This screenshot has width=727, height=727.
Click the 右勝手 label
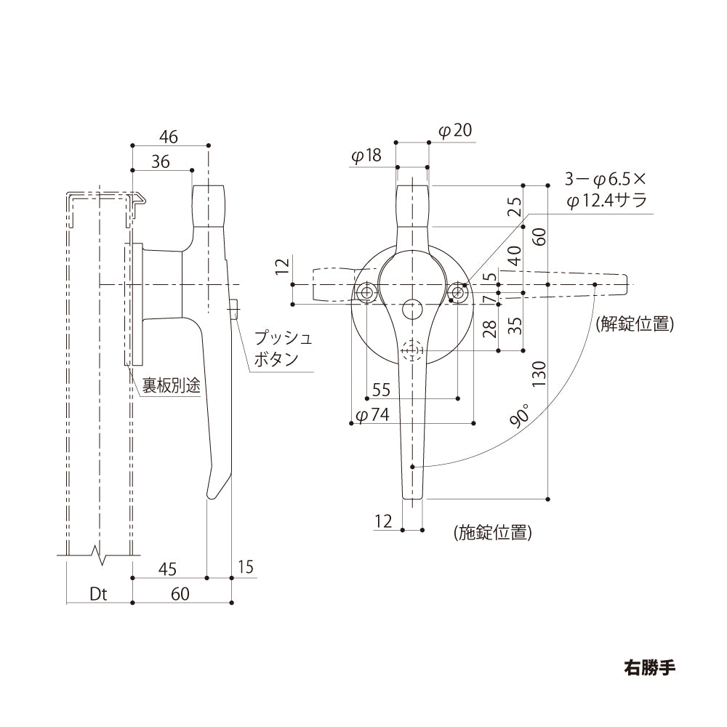[x=649, y=667]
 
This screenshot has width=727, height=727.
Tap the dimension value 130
[x=539, y=374]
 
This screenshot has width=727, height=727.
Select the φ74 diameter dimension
[x=372, y=415]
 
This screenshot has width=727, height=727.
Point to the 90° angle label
[x=520, y=414]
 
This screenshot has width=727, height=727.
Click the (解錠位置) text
[x=634, y=324]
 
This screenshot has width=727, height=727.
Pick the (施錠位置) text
[x=492, y=532]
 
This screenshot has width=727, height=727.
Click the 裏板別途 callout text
[x=171, y=386]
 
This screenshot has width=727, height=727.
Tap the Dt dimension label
[x=98, y=594]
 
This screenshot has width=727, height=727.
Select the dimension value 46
[x=169, y=137]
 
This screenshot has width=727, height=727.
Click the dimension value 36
[x=161, y=161]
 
